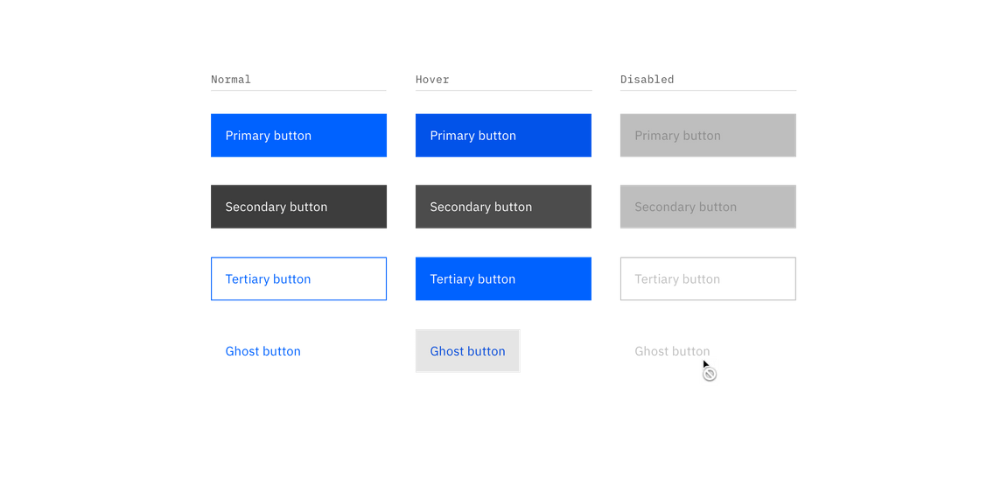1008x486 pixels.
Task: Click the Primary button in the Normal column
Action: pos(299,136)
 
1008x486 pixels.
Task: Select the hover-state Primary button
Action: pos(503,136)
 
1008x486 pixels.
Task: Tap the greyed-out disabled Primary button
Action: pos(708,136)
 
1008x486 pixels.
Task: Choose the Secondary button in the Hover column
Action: pos(503,208)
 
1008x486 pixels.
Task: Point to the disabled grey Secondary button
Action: pos(708,208)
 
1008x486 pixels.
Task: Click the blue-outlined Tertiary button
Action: pos(299,279)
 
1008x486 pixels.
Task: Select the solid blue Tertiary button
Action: pos(503,279)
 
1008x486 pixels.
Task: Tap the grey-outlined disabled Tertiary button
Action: pos(708,279)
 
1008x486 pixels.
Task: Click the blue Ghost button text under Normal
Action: pos(263,351)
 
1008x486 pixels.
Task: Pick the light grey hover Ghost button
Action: pos(467,351)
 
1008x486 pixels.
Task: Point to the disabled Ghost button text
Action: pos(672,351)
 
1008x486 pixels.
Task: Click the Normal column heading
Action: pos(231,80)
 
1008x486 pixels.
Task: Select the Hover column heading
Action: pos(432,80)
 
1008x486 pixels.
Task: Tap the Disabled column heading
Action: pos(647,80)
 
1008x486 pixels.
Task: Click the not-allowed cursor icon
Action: pos(710,372)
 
